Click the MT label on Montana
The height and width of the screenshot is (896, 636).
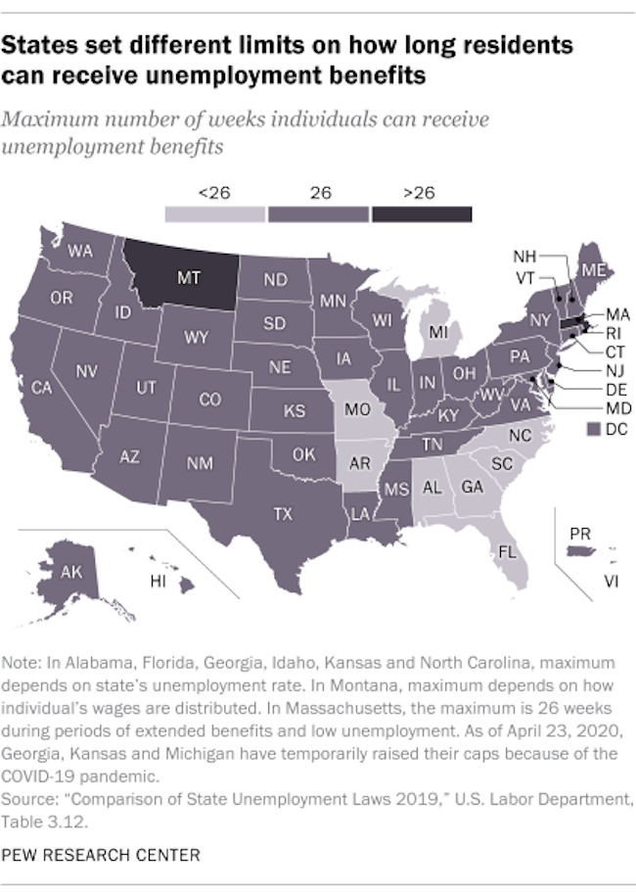(x=188, y=278)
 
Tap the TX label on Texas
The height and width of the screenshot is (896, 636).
(x=283, y=513)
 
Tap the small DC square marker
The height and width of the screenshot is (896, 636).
(x=590, y=429)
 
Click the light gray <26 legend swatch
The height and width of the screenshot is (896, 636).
(x=213, y=212)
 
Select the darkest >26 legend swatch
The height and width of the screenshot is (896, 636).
(x=419, y=212)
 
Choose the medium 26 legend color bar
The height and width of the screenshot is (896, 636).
(x=316, y=212)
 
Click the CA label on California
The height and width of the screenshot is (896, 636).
(x=42, y=388)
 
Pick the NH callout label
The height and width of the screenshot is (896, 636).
(x=524, y=256)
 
